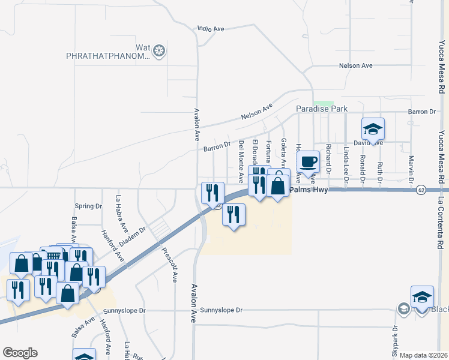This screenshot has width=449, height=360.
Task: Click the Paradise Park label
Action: tap(322, 109)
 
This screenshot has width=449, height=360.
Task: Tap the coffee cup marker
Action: tap(309, 162)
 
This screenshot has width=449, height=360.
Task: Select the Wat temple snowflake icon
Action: tap(159, 51)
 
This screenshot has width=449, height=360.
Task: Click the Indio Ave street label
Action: tap(211, 28)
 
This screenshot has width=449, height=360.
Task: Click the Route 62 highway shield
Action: tap(422, 190)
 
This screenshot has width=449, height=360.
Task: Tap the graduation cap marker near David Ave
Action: tap(373, 130)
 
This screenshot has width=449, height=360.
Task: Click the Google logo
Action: tap(20, 353)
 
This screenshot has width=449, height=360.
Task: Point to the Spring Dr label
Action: tap(88, 206)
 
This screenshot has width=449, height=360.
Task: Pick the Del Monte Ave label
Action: tap(241, 158)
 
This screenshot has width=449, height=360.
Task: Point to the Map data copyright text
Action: tap(423, 355)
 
